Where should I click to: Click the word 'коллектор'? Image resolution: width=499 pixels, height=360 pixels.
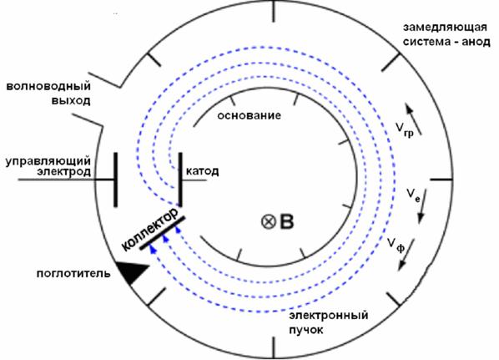[149, 228]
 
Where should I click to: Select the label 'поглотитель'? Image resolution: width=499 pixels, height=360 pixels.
[73, 273]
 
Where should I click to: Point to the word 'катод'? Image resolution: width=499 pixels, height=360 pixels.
[203, 171]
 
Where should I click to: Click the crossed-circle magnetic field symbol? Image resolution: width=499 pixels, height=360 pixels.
[269, 221]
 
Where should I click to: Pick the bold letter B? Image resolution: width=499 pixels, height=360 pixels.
[286, 221]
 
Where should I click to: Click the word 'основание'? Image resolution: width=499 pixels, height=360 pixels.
[249, 115]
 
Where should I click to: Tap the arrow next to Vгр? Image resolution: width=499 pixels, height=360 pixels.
[413, 119]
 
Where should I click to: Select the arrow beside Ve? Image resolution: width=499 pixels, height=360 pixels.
[422, 206]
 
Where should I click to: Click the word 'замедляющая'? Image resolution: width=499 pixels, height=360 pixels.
[445, 28]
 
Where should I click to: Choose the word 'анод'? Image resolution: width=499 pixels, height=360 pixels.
[476, 42]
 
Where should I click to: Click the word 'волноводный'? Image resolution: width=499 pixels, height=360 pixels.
[48, 86]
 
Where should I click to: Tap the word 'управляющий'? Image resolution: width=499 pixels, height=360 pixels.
[48, 161]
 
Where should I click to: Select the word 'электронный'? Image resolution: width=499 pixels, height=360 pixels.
[329, 316]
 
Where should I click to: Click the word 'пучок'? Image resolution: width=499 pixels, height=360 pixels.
[306, 330]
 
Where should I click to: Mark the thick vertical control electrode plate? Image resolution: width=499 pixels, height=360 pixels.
[115, 180]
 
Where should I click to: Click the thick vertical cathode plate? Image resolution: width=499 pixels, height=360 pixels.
[180, 180]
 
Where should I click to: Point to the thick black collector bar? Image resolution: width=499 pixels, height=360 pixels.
[163, 233]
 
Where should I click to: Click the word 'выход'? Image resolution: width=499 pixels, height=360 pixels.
[71, 101]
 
